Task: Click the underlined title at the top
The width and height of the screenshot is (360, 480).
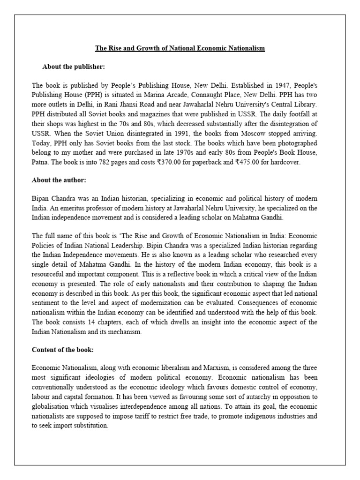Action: pos(180,48)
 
